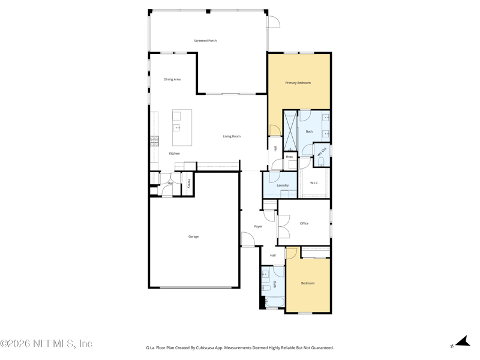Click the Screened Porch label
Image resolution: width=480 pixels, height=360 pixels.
pos(205,41)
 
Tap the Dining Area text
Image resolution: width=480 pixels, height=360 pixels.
pos(172,79)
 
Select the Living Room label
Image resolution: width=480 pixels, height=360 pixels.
pos(232,136)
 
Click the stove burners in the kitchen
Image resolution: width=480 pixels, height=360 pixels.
pos(154,141)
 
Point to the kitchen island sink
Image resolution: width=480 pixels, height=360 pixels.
pos(177,127)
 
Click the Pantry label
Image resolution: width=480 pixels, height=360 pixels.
pos(189,184)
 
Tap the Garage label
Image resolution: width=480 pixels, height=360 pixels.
pos(193,236)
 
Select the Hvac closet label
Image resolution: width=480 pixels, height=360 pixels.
pos(289,157)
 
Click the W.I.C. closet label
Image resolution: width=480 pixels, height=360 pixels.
pos(314,183)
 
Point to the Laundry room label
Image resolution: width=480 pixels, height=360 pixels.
pos(283,185)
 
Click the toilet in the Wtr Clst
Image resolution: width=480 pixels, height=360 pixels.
pos(321,161)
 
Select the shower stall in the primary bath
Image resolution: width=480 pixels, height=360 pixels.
pos(290,130)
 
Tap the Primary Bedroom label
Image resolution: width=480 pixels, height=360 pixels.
pos(298,83)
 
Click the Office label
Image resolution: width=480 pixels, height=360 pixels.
pos(304,223)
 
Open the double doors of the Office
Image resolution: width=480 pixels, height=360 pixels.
pos(283,226)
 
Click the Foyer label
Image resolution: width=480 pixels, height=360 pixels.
pos(258,226)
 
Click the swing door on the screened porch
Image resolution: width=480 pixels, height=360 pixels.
pos(273,22)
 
